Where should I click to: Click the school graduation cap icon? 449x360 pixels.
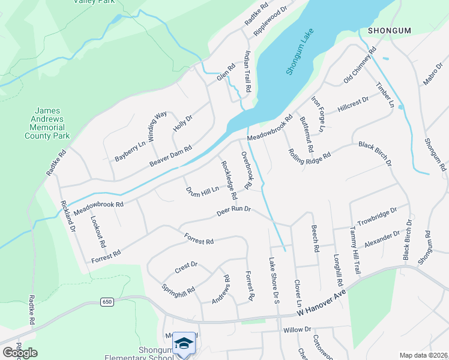tap(184, 343)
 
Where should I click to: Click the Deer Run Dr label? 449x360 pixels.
tap(233, 212)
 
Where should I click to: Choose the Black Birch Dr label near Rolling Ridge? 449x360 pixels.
tap(375, 154)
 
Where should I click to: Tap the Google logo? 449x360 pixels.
tap(20, 352)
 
